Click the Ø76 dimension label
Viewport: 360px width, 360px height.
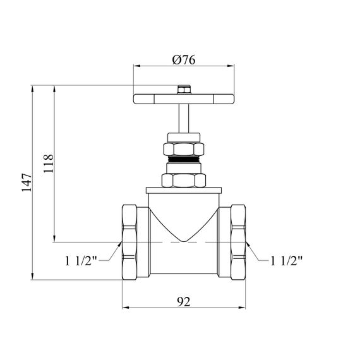point(184,60)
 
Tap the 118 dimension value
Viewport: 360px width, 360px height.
point(48,163)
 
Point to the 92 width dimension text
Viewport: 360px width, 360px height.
point(184,302)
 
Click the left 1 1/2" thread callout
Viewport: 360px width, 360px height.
point(81,261)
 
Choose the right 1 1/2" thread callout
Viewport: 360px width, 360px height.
point(287,261)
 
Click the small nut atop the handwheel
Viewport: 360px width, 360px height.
point(184,90)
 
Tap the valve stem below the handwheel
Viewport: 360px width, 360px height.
point(184,119)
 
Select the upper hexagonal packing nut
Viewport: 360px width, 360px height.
point(184,149)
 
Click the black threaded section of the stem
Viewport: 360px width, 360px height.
point(184,159)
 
